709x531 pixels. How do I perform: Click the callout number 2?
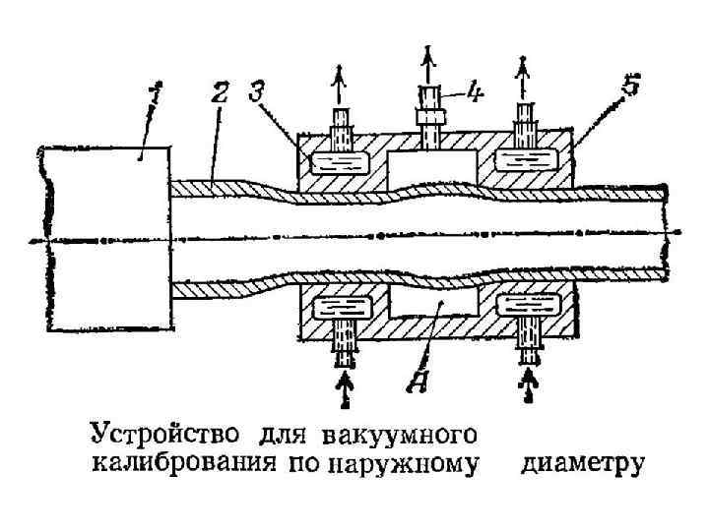point(222,96)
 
